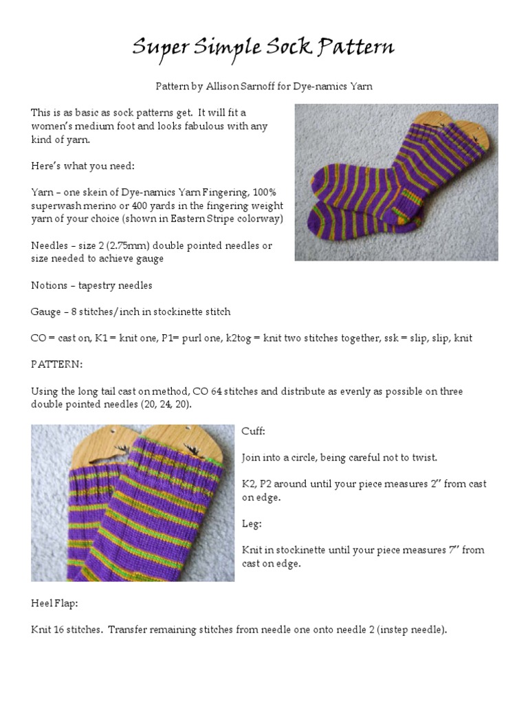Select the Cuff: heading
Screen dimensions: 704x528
point(253,430)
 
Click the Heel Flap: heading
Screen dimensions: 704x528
point(54,602)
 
